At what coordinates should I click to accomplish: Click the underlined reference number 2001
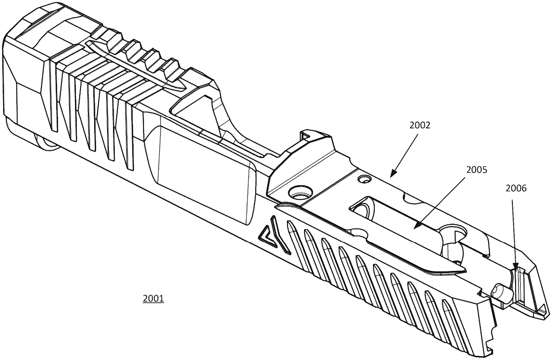[153, 298]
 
